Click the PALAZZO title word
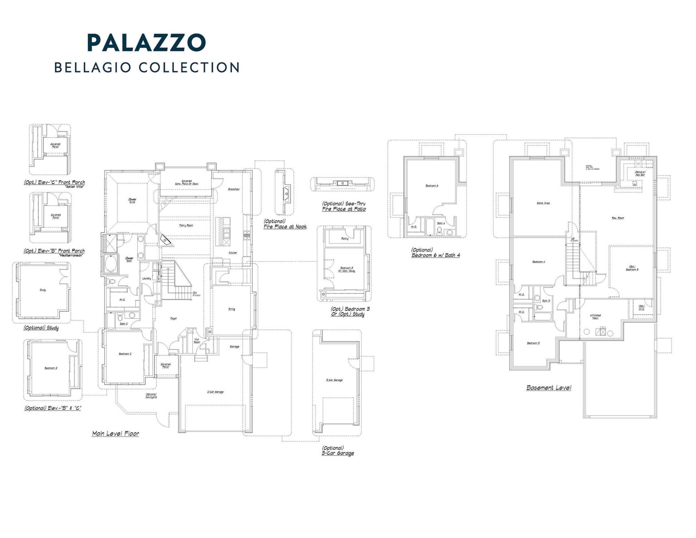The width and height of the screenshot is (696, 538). coord(146,43)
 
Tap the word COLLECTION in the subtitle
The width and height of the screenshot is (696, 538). coord(189,68)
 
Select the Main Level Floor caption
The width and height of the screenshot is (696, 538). coord(116,434)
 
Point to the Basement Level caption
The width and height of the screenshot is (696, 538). coord(548,388)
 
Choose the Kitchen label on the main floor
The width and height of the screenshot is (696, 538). coord(232,252)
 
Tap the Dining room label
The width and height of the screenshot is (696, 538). coord(232,309)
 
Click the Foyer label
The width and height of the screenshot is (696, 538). coord(173,319)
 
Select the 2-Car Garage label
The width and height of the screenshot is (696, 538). coord(215,392)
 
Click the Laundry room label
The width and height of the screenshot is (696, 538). coord(146,278)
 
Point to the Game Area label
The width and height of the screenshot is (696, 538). coord(543,203)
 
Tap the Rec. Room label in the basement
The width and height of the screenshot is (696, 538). coord(618,218)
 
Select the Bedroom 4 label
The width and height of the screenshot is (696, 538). coord(538,262)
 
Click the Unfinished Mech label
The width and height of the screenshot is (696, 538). coord(595,317)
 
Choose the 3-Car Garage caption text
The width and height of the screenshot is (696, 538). coord(338,453)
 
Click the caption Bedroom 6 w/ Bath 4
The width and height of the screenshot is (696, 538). coord(435,255)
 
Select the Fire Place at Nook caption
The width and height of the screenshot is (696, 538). coord(285,226)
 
